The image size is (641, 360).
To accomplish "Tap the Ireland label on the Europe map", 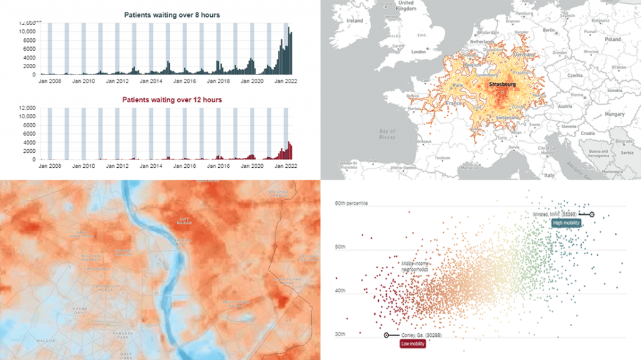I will click(x=355, y=20).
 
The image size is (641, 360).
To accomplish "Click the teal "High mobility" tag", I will click(x=566, y=222).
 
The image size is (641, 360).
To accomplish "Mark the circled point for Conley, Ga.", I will click(x=386, y=336).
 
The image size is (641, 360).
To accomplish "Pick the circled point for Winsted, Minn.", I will click(x=592, y=214).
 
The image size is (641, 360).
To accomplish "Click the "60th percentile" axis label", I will click(x=352, y=203).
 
